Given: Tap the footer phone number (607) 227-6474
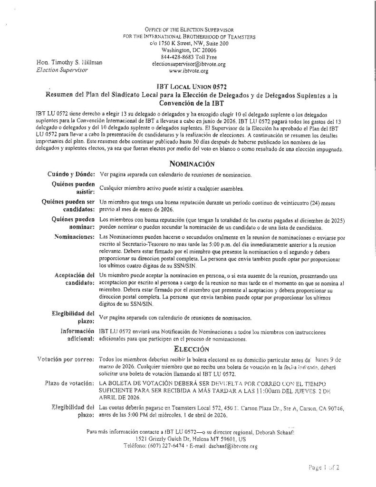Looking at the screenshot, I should (x=171, y=446).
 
